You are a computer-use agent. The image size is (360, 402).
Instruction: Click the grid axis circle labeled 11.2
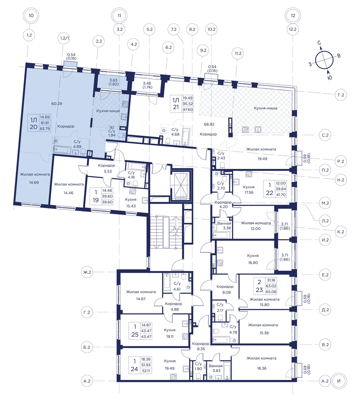click(x=238, y=53)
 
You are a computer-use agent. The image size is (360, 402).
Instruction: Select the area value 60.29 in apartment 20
click(x=57, y=104)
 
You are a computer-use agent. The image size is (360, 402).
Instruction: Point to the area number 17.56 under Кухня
click(x=249, y=192)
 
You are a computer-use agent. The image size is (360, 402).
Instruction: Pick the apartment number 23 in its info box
click(x=259, y=290)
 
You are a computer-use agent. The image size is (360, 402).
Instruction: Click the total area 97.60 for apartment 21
click(x=188, y=110)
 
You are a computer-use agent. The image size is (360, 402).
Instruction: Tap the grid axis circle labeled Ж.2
click(x=87, y=272)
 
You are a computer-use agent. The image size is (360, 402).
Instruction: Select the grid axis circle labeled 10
click(x=31, y=15)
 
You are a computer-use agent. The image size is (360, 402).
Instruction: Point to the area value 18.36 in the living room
click(x=261, y=368)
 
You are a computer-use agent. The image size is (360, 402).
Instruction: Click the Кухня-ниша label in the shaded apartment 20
click(x=108, y=111)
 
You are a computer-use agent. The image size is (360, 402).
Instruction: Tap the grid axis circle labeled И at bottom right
click(x=339, y=381)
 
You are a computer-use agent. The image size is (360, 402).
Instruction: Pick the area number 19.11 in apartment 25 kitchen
click(x=170, y=337)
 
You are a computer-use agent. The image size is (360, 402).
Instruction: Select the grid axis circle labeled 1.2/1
click(x=65, y=38)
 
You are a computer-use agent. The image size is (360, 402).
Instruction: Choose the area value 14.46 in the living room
click(x=68, y=193)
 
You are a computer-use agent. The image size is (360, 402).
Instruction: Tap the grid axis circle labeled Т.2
click(x=341, y=95)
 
